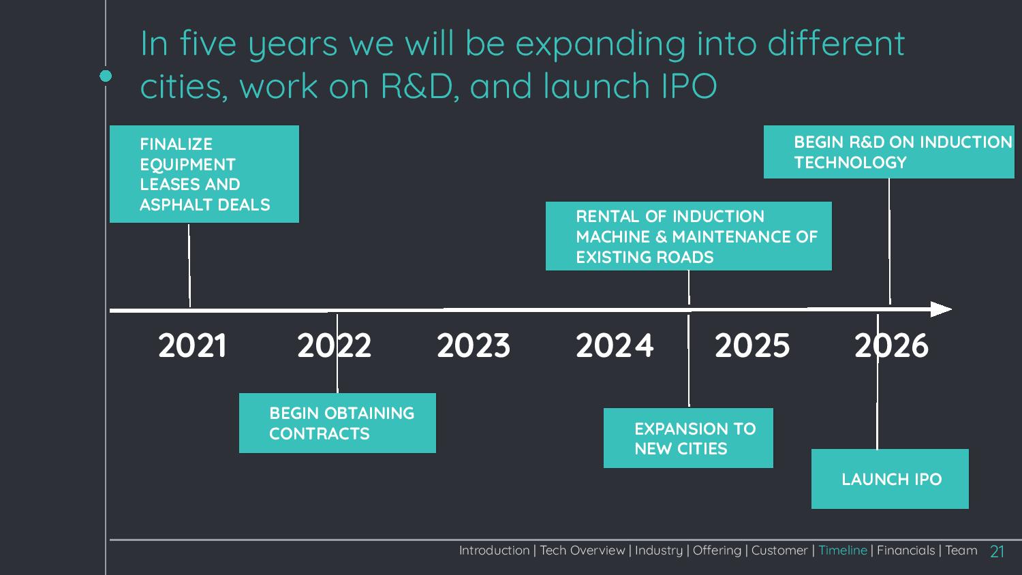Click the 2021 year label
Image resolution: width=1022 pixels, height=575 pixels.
coord(192,345)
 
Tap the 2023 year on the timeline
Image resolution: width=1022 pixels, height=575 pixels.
coord(473,345)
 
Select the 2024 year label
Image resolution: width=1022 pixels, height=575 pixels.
coord(614,345)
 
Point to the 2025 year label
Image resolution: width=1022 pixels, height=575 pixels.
coord(752,345)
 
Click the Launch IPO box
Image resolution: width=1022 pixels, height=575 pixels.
coord(890,479)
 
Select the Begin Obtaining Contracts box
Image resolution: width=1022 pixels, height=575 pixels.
coord(337,423)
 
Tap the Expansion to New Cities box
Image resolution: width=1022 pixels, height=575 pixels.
coord(688,438)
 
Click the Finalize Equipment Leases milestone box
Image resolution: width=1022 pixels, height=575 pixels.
coord(204,174)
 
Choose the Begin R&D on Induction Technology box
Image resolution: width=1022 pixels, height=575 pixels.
coord(888,152)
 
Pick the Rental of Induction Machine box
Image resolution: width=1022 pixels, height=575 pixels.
coord(688,236)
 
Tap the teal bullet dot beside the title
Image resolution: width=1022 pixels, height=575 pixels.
coord(106,76)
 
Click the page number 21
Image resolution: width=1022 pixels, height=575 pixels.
coord(997,551)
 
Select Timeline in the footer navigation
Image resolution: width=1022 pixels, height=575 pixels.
coord(843,550)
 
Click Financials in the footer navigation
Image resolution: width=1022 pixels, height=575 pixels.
coord(905,550)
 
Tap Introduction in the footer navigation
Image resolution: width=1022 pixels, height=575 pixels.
coord(494,550)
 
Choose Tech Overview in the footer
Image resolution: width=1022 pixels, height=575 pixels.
coord(582,550)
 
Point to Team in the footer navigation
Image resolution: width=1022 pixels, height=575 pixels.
coord(961,550)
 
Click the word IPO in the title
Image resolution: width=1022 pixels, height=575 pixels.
coord(689,86)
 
